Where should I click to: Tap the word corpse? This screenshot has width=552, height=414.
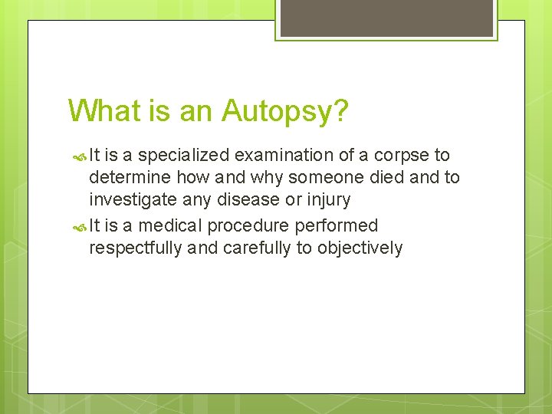(395, 155)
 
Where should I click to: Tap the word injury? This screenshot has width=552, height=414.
(327, 199)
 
